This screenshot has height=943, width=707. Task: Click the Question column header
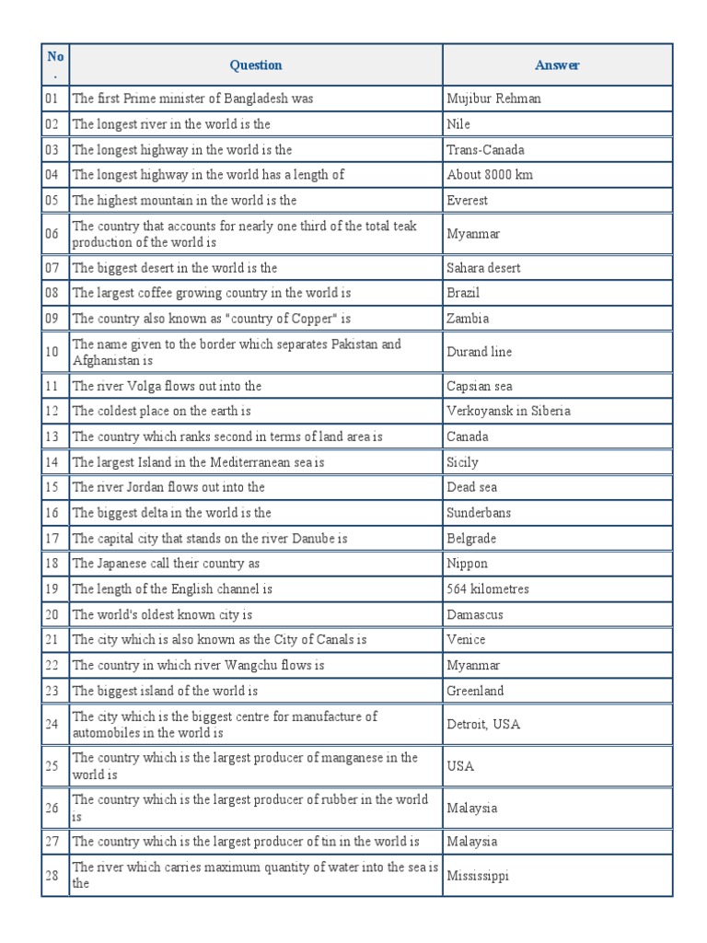click(x=256, y=64)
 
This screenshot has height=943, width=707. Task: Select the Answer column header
click(x=557, y=64)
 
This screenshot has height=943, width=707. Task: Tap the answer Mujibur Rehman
click(x=493, y=99)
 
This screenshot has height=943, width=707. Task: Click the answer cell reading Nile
click(x=458, y=124)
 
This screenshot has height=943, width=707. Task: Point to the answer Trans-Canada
click(x=485, y=149)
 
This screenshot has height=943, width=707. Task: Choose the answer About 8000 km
click(x=490, y=175)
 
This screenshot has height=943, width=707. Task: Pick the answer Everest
click(x=468, y=200)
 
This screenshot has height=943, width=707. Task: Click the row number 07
click(x=51, y=268)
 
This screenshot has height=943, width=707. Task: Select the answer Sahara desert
click(x=483, y=268)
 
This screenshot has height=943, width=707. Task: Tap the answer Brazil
click(x=463, y=293)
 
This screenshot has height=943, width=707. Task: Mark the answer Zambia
click(x=468, y=319)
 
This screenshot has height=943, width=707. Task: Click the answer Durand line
click(x=479, y=352)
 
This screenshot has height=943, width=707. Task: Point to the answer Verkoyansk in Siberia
click(x=508, y=411)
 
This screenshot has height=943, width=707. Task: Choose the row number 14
click(x=51, y=462)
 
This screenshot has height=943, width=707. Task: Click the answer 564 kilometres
click(x=488, y=588)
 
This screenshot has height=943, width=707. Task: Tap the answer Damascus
click(x=475, y=614)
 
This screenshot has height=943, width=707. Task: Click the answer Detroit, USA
click(x=483, y=724)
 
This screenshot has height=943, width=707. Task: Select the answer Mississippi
click(x=478, y=876)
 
